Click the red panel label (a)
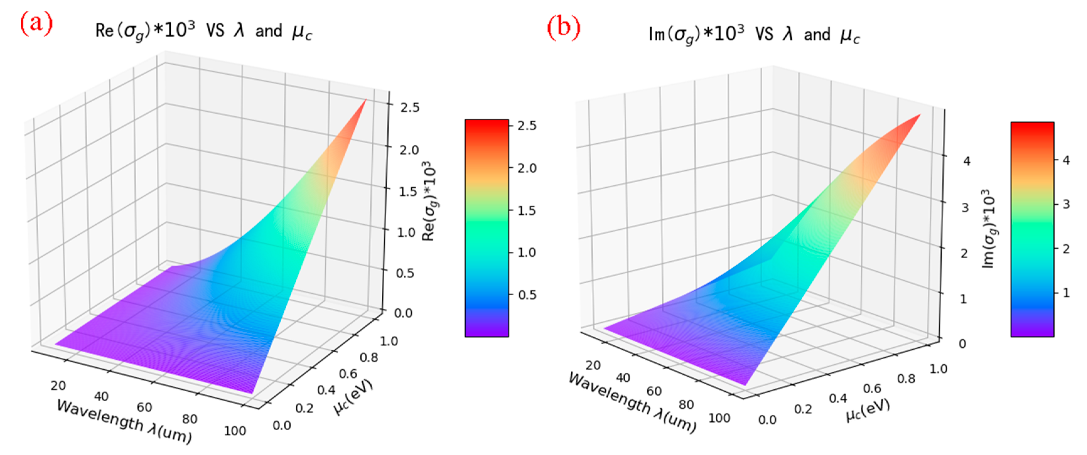[x=36, y=24]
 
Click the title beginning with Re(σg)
[x=203, y=32]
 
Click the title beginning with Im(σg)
[x=753, y=35]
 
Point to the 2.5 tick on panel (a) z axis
[x=410, y=108]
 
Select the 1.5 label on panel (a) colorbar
[x=527, y=211]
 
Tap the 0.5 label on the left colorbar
[x=527, y=295]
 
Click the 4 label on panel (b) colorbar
[x=1066, y=160]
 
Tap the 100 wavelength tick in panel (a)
[x=234, y=431]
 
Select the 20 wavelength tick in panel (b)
[x=593, y=365]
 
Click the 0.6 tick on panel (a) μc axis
[x=348, y=374]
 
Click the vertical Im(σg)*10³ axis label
[x=989, y=228]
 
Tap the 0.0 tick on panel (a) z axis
[x=403, y=313]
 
